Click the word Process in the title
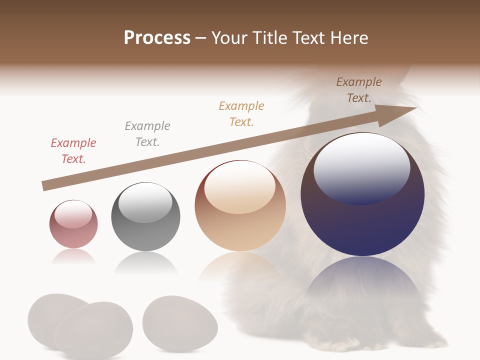point(157,38)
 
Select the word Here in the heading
point(348,38)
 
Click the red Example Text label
point(73,151)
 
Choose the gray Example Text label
point(147,134)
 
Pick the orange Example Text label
point(241,113)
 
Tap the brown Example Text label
point(359,90)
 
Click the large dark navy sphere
point(362,220)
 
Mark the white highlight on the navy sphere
point(361,167)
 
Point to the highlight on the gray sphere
point(145,202)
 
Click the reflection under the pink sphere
point(73,256)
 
